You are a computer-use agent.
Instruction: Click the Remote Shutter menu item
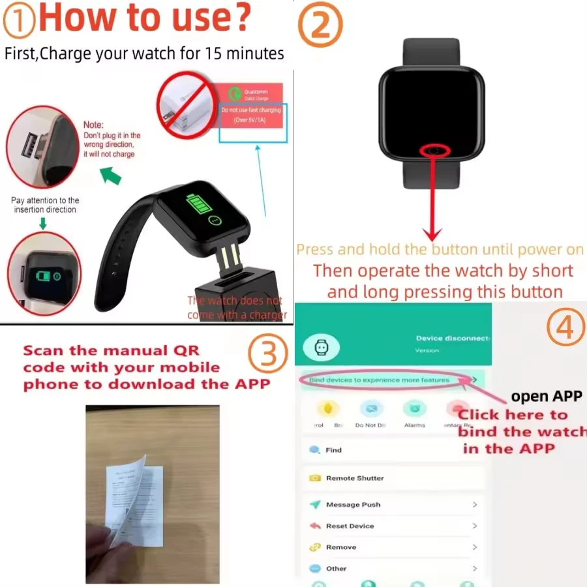coord(355,478)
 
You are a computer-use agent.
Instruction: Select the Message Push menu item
coord(353,505)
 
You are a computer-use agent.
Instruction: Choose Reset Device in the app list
coord(350,526)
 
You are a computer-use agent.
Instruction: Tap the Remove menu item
coord(341,547)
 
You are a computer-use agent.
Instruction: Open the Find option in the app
coord(333,450)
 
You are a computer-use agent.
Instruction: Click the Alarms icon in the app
coord(414,410)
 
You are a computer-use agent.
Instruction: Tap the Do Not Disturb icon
coord(371,410)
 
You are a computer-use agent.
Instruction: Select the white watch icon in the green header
coord(320,347)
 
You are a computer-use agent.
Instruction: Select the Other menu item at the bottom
coord(337,569)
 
